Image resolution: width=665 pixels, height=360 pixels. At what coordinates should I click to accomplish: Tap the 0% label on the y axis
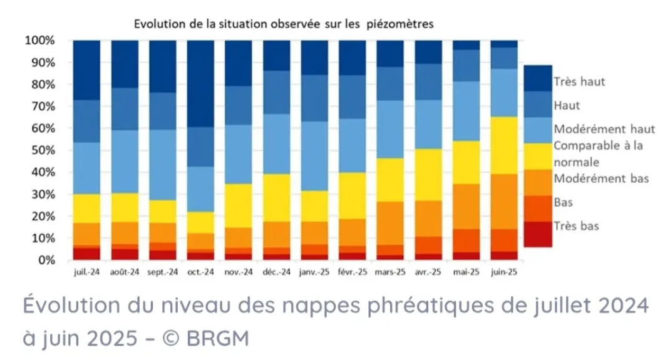pyautogui.click(x=48, y=260)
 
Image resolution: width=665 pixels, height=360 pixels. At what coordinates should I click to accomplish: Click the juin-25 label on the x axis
pyautogui.click(x=504, y=272)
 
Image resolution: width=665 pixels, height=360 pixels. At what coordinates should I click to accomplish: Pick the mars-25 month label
pyautogui.click(x=391, y=272)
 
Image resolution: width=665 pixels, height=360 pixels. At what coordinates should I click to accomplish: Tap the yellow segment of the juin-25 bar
pyautogui.click(x=504, y=145)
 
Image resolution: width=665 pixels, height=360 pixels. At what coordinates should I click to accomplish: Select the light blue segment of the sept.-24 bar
pyautogui.click(x=163, y=165)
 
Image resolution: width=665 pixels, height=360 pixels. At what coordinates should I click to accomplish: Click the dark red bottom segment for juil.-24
pyautogui.click(x=86, y=253)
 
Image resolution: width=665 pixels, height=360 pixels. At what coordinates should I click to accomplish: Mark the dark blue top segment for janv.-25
pyautogui.click(x=314, y=58)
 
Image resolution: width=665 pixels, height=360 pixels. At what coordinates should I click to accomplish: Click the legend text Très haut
pyautogui.click(x=579, y=82)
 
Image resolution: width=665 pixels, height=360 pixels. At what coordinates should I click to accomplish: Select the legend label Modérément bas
pyautogui.click(x=601, y=179)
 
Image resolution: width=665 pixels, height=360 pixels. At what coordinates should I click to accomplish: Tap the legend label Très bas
pyautogui.click(x=576, y=226)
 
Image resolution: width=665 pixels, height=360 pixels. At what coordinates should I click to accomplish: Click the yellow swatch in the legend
pyautogui.click(x=537, y=157)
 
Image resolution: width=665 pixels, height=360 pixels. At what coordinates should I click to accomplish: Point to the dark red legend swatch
pyautogui.click(x=537, y=234)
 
